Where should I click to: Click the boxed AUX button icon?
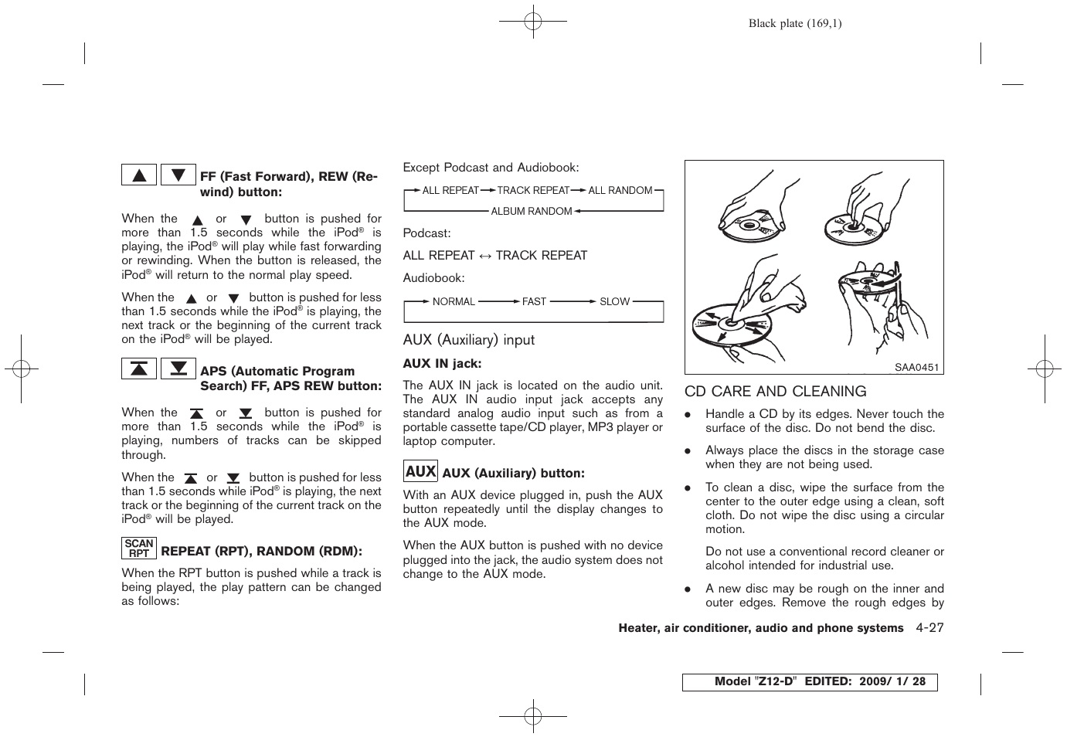420,471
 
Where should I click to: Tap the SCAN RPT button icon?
139,549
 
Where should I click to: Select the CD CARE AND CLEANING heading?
775,392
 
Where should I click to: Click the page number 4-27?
929,628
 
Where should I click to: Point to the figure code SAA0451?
916,368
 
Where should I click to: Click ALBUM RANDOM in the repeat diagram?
532,211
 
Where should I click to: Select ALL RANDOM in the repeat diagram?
620,190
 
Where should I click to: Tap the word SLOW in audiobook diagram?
614,301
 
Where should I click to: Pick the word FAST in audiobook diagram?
534,301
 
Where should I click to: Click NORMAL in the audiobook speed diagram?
454,301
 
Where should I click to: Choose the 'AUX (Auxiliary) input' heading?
468,340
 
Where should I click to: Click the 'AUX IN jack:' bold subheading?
442,363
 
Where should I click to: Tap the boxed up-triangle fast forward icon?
139,175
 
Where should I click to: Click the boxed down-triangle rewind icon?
178,175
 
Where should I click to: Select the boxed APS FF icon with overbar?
139,368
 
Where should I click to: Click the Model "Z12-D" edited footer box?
809,682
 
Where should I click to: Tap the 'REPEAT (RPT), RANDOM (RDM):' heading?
261,551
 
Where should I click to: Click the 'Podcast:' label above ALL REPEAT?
426,233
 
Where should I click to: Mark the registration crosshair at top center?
533,22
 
